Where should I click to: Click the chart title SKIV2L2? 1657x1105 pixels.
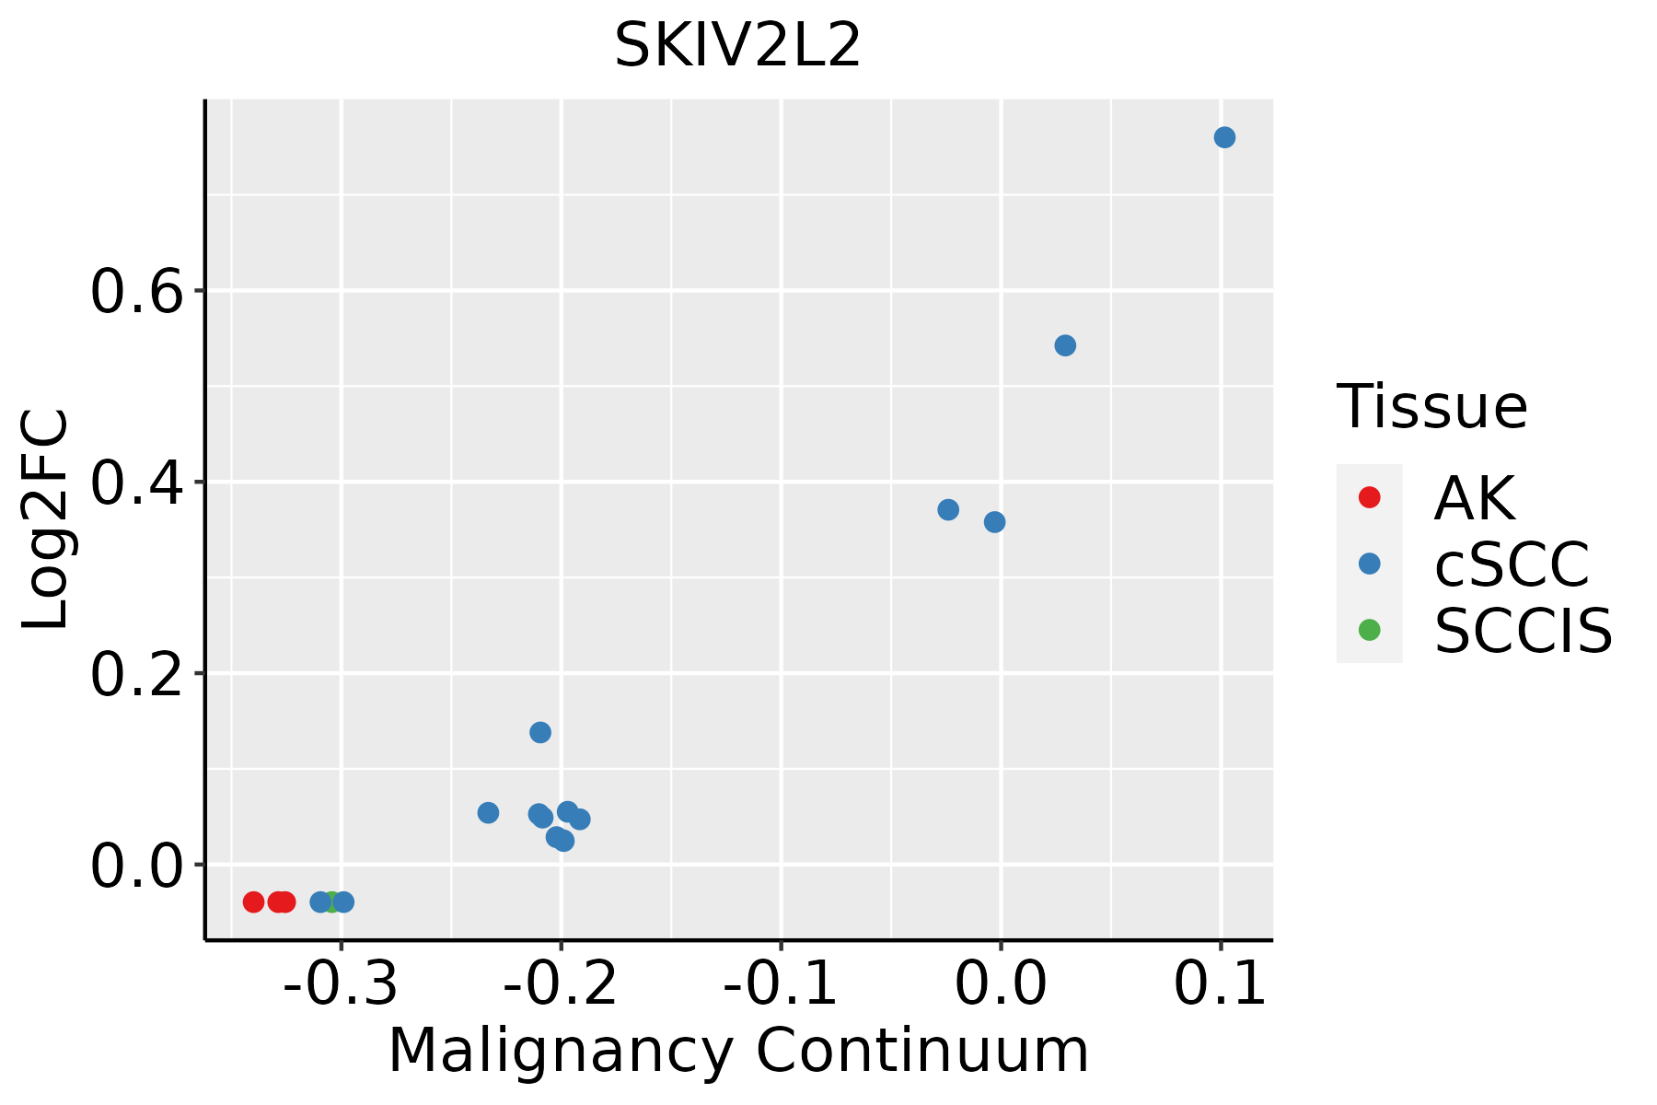click(737, 46)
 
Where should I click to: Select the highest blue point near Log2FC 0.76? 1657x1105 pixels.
click(1224, 137)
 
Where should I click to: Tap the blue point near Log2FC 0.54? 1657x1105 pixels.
click(1065, 345)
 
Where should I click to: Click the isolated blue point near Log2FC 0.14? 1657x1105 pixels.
click(540, 732)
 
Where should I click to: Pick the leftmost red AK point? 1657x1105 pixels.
click(254, 901)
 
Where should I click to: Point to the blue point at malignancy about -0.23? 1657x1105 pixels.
click(488, 812)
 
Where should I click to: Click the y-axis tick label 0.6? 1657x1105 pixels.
click(135, 293)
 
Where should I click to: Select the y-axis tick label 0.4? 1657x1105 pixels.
click(135, 483)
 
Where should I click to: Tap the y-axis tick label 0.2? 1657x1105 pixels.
click(135, 675)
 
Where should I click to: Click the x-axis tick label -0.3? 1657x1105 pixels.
click(341, 983)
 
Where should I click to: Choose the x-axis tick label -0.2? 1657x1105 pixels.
click(561, 983)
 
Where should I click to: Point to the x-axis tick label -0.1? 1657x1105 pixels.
click(781, 983)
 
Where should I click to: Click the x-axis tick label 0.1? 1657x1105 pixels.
click(1221, 983)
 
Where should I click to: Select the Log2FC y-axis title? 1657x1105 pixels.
click(46, 518)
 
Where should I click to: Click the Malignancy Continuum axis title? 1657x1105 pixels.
click(738, 1051)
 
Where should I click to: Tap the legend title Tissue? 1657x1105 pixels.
click(1431, 406)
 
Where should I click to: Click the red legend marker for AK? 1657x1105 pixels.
click(1369, 497)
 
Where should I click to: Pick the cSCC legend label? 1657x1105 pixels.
click(1512, 564)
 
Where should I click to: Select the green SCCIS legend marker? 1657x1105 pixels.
click(1369, 630)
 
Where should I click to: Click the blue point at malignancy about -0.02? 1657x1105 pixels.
click(948, 509)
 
